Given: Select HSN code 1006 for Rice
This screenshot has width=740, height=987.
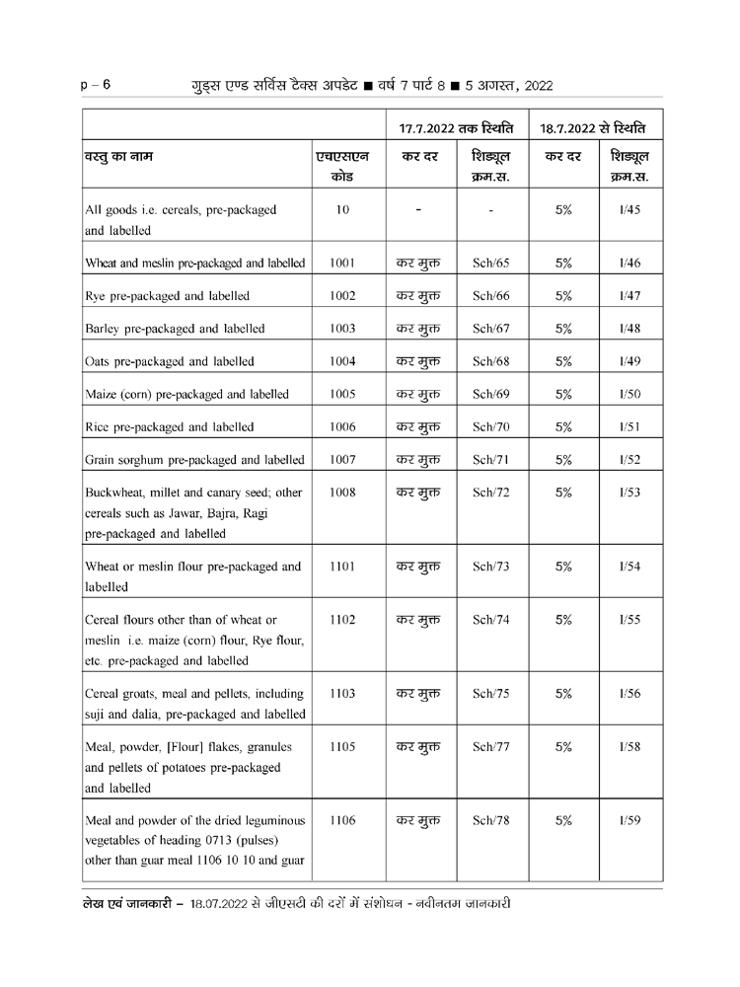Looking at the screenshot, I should tap(342, 427).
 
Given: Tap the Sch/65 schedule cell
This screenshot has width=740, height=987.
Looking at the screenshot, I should tap(490, 264).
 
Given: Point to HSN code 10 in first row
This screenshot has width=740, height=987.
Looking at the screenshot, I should tap(342, 210).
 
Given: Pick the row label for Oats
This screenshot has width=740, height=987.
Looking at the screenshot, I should tap(169, 361).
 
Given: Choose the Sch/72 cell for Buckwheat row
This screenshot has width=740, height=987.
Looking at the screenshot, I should tap(490, 493).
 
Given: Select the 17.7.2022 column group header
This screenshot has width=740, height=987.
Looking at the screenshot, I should tap(456, 129).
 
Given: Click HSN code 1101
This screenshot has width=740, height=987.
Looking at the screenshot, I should tap(342, 568).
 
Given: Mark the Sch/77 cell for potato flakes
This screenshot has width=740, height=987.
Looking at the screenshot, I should tap(490, 747).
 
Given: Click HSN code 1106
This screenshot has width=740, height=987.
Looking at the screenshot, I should tap(342, 819).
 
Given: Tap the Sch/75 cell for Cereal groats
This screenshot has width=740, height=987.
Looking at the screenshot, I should tap(490, 693).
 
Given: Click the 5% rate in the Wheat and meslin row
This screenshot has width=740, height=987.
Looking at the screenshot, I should tap(563, 264).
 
